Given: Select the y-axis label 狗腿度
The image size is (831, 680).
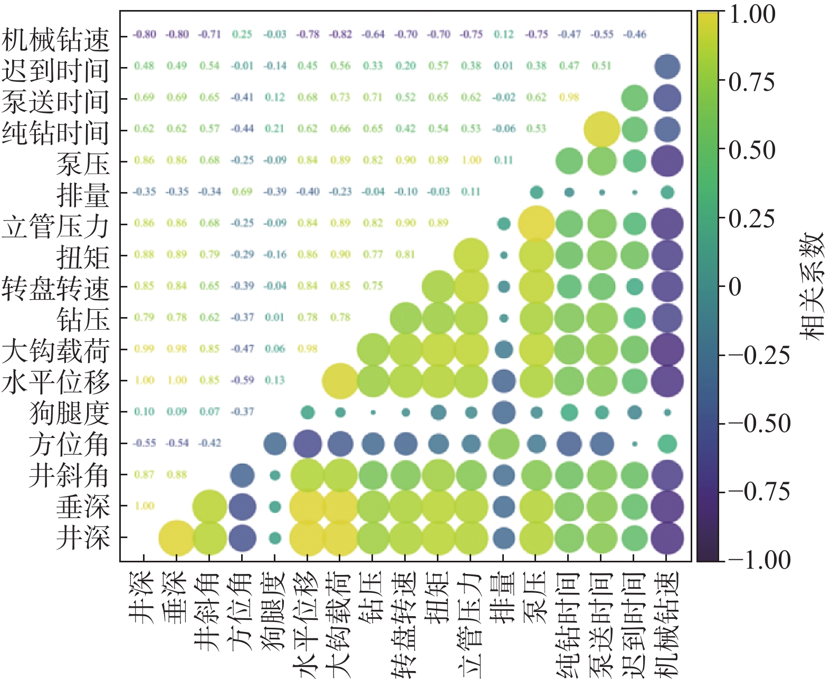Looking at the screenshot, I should point(70,413).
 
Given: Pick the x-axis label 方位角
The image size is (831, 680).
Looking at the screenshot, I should point(242,612).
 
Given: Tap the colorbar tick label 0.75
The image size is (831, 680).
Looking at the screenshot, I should point(751,82).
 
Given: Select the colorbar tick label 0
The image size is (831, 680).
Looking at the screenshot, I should point(735,288).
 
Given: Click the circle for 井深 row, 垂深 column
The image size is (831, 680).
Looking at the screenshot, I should point(177,538).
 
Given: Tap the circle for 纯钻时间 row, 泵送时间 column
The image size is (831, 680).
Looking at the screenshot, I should point(601,129).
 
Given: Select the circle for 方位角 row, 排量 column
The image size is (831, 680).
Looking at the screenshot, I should point(504,444).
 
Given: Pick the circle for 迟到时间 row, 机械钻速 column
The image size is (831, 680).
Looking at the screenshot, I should point(667,66).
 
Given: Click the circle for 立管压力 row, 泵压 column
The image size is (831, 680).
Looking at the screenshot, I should point(536,224).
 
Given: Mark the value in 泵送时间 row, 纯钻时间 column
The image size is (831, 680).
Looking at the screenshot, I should point(569,97).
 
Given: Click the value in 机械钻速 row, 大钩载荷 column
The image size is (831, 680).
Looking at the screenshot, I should point(340,34).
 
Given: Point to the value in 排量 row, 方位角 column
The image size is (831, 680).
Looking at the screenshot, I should point(242,191).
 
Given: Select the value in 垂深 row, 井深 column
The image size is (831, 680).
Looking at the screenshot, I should point(144,506).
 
